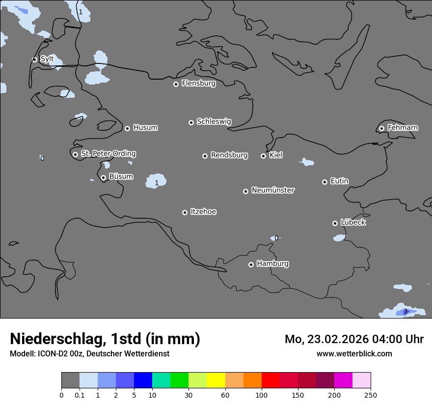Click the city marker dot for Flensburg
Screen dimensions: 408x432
coord(176,84)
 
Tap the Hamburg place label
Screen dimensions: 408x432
coord(272,263)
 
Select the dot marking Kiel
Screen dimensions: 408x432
coord(263,156)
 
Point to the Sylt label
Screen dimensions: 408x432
coord(47,59)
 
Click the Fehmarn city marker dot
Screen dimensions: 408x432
coord(381,128)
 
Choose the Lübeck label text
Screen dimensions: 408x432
coord(353,222)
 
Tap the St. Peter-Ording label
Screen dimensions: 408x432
coord(108,153)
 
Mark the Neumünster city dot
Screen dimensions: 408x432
coord(245,191)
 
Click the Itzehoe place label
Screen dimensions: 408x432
coord(203,211)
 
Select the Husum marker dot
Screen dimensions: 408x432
coord(127,128)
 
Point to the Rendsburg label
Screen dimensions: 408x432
coord(229,155)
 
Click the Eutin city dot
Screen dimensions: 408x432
coord(324,182)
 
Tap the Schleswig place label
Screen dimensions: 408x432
coord(214,121)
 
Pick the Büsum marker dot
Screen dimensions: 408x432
coord(103,177)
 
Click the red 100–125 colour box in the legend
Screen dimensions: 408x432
coord(270,380)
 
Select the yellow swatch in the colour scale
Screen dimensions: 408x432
coord(216,380)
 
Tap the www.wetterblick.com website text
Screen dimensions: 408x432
coord(354,353)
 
